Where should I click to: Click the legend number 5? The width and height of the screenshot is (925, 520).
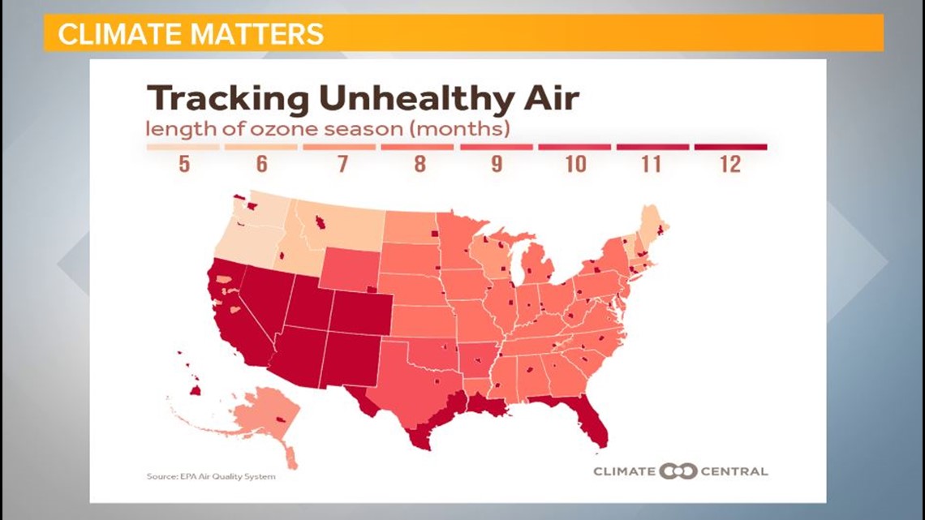pyautogui.click(x=183, y=165)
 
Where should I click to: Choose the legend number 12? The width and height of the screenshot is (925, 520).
pyautogui.click(x=729, y=165)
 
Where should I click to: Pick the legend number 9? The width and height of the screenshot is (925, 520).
pyautogui.click(x=496, y=165)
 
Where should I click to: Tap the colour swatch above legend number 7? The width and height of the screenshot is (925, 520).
pyautogui.click(x=339, y=148)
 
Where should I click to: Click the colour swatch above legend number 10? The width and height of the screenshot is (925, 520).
pyautogui.click(x=574, y=148)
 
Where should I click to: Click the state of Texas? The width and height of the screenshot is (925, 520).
pyautogui.click(x=410, y=381)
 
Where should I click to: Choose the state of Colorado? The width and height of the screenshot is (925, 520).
pyautogui.click(x=361, y=312)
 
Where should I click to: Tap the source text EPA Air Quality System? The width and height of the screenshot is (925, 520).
pyautogui.click(x=211, y=476)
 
